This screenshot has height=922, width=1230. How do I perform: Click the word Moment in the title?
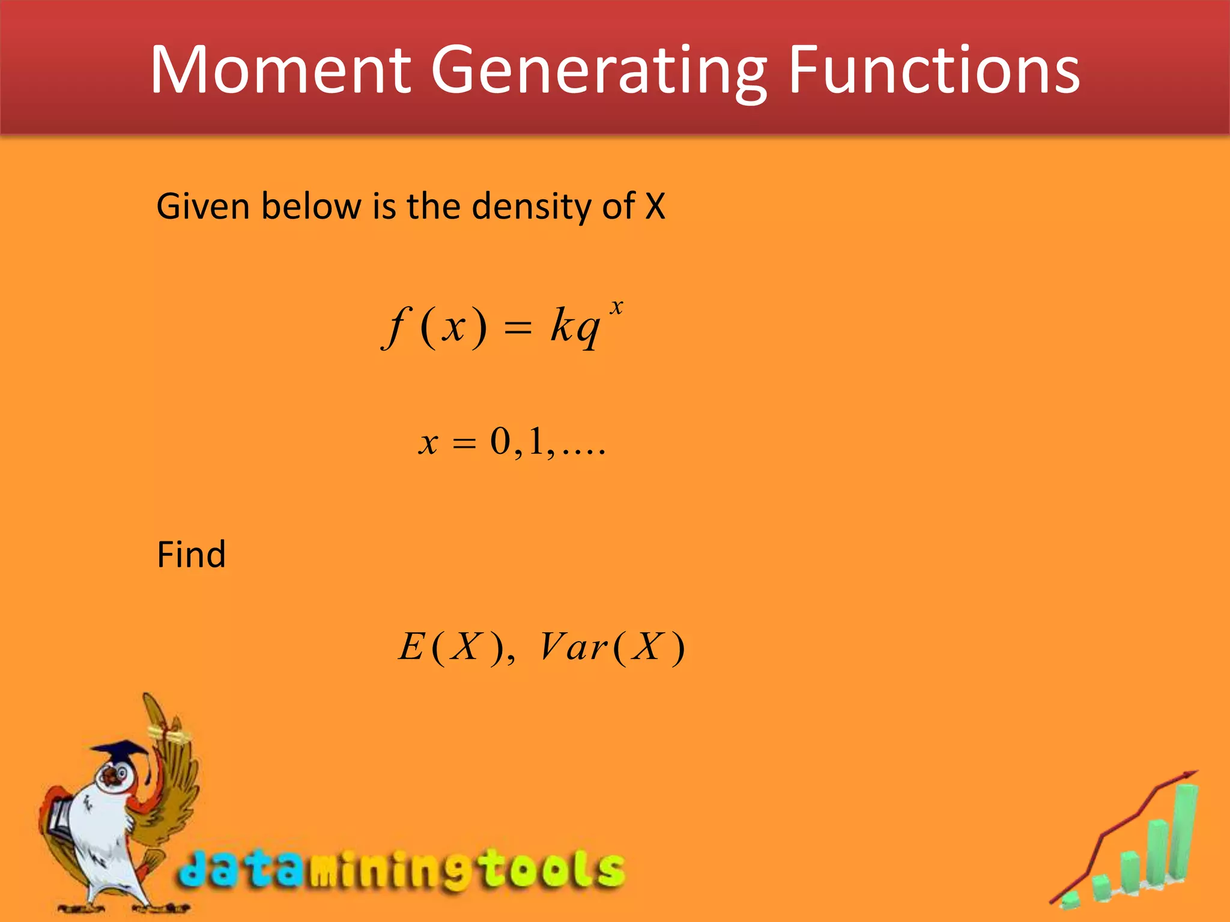tap(280, 70)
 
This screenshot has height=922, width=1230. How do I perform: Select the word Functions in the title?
tap(933, 70)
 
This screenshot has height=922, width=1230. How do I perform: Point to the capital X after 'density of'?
tap(655, 206)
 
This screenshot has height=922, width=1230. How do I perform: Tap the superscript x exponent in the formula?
tap(616, 307)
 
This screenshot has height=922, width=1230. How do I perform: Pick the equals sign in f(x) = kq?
tap(518, 328)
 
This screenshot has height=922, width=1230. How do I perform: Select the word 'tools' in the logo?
tap(553, 869)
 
